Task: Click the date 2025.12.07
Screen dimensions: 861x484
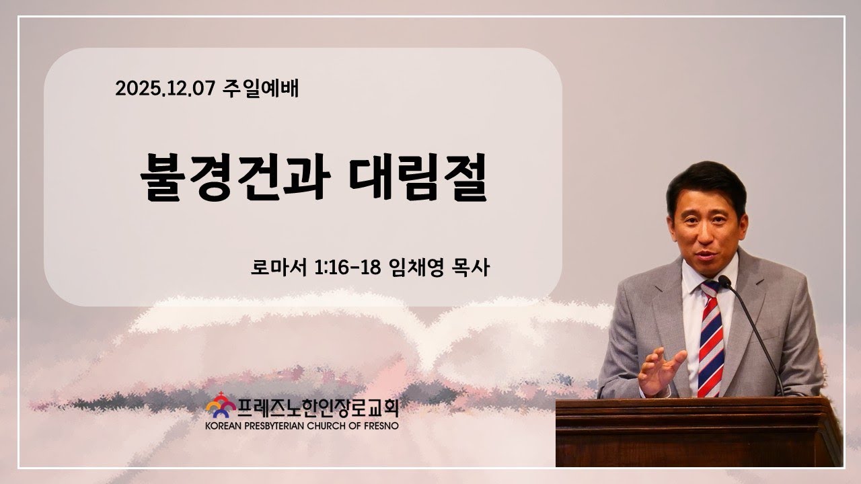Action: [x=165, y=88]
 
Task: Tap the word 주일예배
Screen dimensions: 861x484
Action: [x=260, y=89]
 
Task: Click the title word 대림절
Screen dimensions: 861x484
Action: [x=418, y=177]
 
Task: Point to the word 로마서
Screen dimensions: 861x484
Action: [x=278, y=268]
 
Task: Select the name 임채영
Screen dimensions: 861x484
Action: [x=416, y=268]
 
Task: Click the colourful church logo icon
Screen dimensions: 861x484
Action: [x=221, y=405]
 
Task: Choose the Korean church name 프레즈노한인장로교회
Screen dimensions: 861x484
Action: [x=318, y=408]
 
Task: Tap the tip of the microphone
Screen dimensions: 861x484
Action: [x=724, y=281]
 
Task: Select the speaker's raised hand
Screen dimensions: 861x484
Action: [x=660, y=370]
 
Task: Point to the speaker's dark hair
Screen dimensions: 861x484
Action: [x=706, y=184]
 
